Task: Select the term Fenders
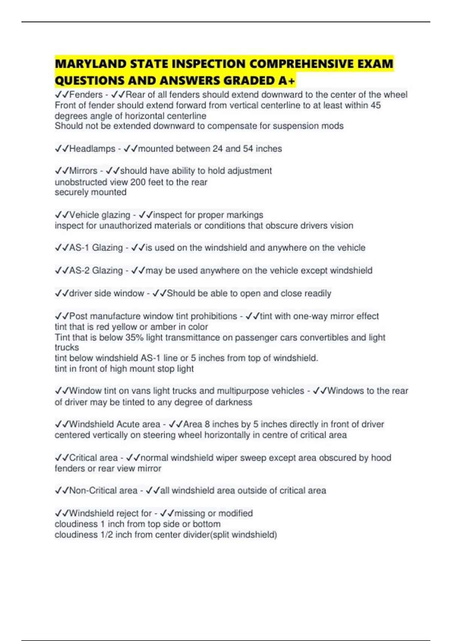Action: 86,95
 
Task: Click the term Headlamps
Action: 92,149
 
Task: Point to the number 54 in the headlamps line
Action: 248,149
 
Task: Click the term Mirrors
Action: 83,171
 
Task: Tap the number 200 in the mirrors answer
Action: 138,182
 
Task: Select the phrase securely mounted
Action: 90,192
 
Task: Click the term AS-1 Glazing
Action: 96,248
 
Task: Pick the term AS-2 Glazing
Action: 96,270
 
